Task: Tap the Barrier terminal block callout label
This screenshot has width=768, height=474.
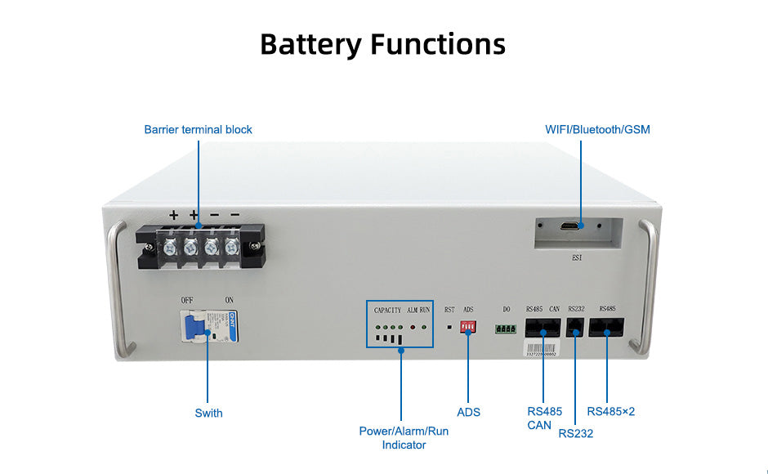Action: tap(198, 129)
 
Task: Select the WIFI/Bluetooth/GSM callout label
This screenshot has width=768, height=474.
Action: tap(597, 129)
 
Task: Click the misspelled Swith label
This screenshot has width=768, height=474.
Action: tap(208, 413)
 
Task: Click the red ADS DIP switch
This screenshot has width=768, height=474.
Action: tap(468, 326)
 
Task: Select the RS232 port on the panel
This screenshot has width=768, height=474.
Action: tap(575, 327)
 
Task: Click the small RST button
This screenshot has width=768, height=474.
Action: tap(449, 327)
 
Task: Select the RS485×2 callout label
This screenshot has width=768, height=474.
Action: tap(610, 411)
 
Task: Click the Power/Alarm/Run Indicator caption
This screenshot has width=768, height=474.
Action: tap(404, 437)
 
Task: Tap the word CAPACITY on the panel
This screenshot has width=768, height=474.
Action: tap(387, 310)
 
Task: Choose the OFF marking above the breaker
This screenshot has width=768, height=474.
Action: tap(187, 300)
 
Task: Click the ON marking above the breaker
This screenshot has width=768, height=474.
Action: tap(229, 300)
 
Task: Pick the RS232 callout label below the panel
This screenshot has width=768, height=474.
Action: tap(575, 433)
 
